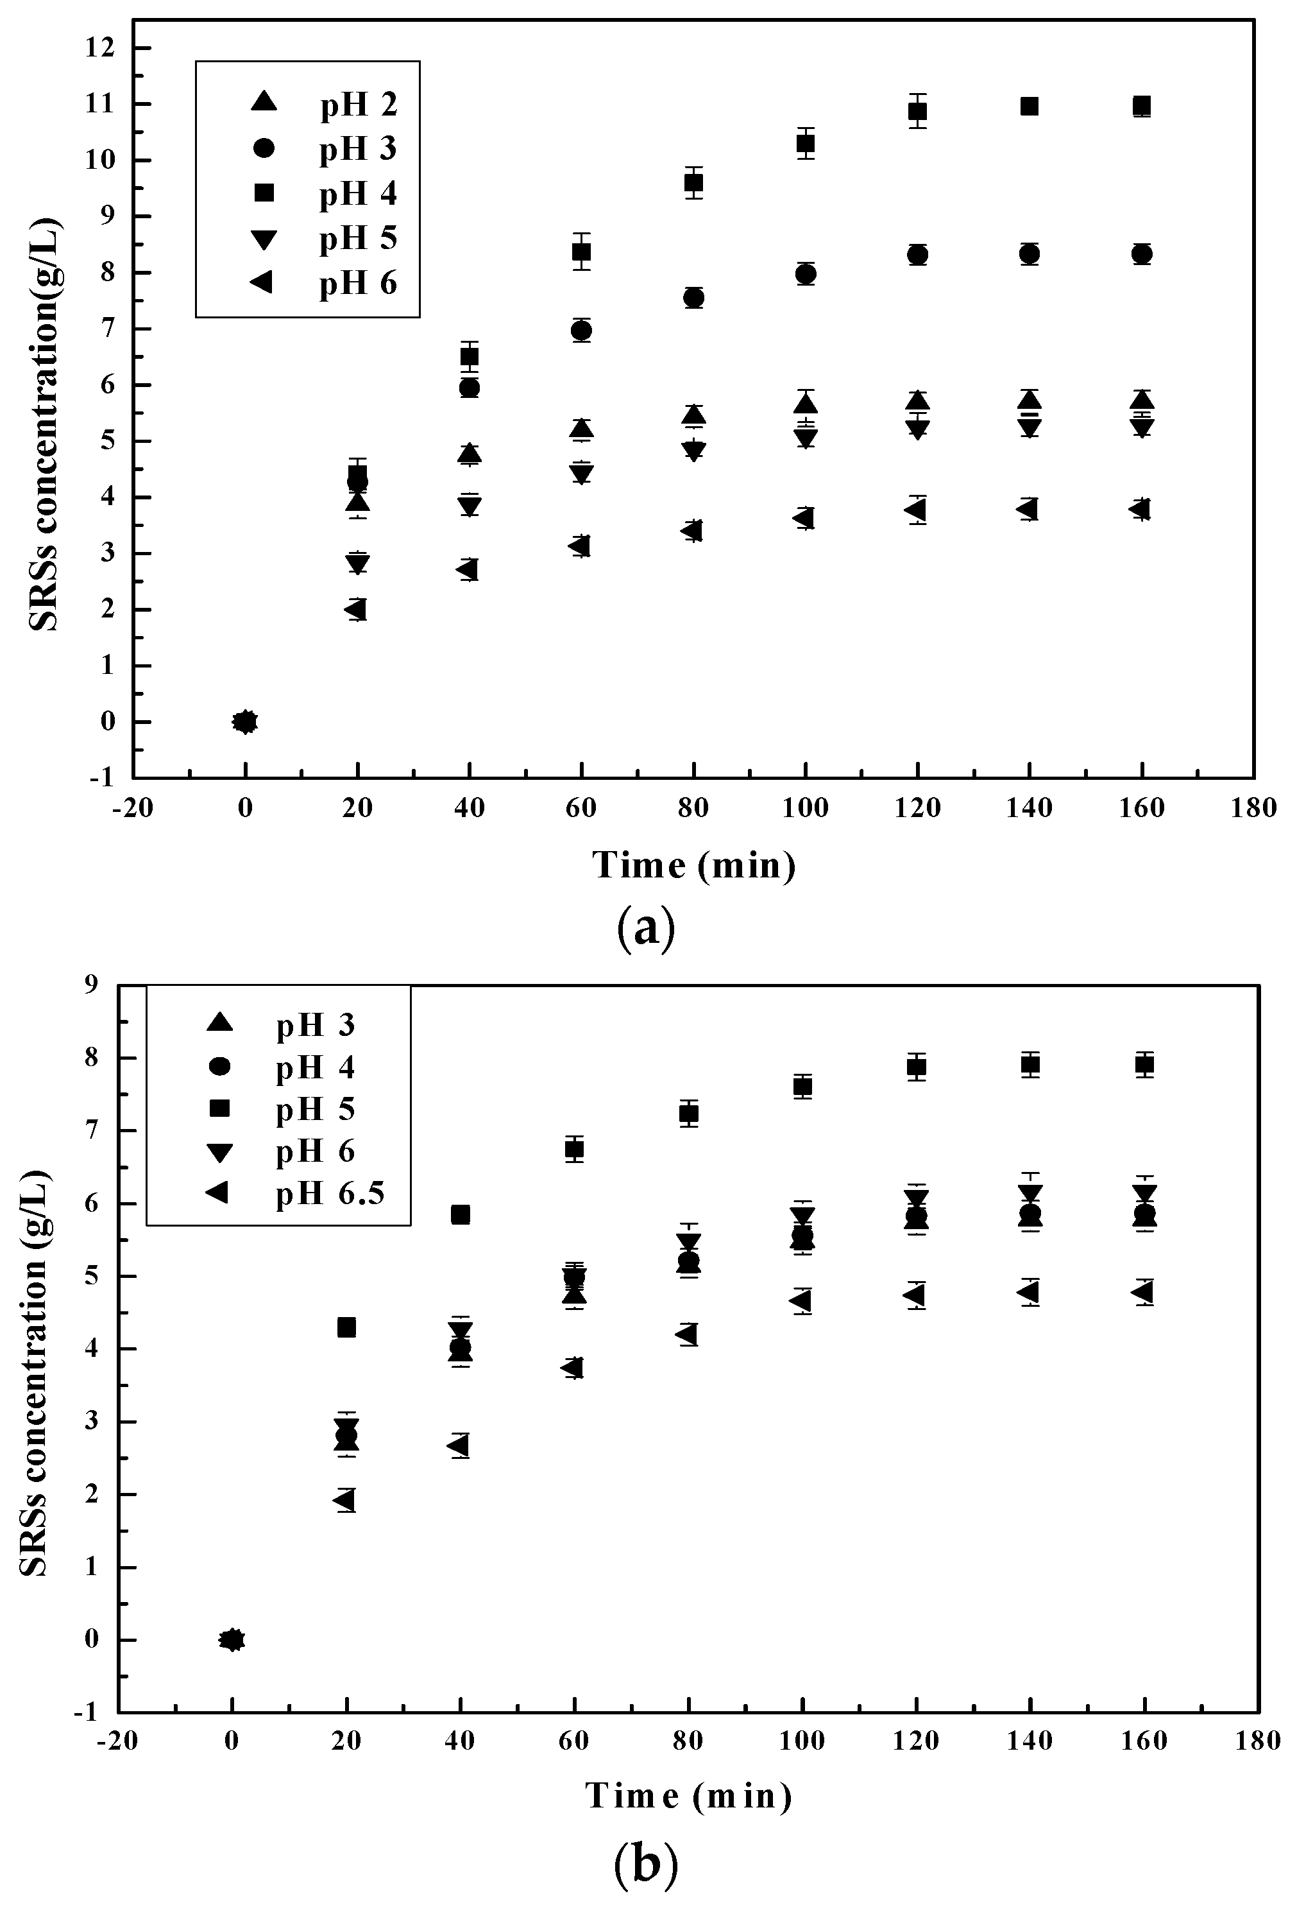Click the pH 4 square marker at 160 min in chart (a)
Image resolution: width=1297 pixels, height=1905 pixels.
point(1141,106)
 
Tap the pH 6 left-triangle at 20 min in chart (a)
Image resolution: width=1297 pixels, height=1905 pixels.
point(355,609)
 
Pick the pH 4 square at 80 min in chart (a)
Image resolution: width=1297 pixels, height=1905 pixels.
point(694,183)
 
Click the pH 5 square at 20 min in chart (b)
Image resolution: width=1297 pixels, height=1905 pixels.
point(346,1327)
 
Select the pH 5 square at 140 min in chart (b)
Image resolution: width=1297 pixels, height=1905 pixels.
point(1030,1065)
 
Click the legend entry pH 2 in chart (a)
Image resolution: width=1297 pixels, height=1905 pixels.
point(358,104)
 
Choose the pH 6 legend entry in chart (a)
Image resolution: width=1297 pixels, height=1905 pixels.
point(358,283)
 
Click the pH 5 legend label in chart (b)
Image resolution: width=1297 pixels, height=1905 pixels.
point(316,1109)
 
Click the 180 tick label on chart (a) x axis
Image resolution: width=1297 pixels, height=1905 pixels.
point(1253,808)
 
